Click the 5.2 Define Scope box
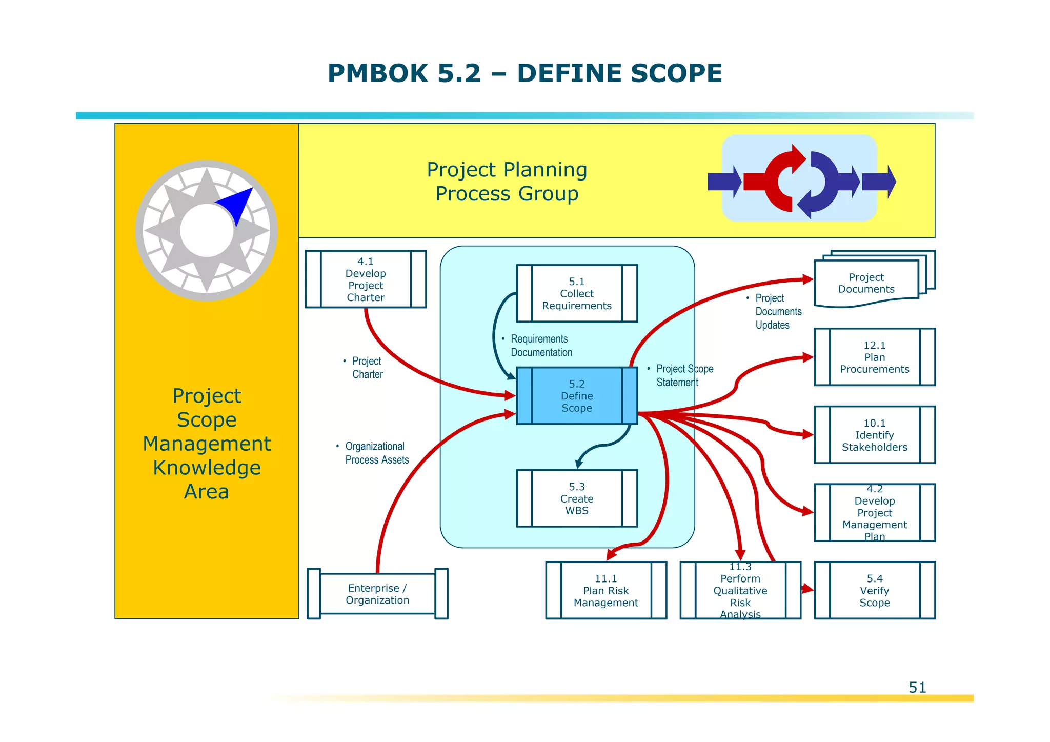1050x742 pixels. click(x=577, y=396)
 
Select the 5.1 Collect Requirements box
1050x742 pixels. click(x=577, y=293)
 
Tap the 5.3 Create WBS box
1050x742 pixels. click(x=577, y=498)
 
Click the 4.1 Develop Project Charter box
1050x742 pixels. click(x=366, y=279)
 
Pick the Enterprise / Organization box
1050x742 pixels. click(x=377, y=594)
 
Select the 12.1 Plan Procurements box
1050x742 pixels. click(x=875, y=357)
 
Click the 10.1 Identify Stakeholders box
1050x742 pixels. click(x=875, y=435)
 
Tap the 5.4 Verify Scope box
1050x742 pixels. click(x=875, y=590)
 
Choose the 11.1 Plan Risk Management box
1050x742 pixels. click(x=606, y=590)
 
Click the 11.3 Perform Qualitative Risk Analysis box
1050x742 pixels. click(x=740, y=590)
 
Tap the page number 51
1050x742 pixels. click(x=917, y=687)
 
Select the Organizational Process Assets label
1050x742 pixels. click(x=376, y=453)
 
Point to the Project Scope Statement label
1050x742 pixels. click(x=683, y=375)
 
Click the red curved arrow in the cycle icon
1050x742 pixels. click(x=777, y=179)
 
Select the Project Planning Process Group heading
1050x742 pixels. click(x=507, y=182)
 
